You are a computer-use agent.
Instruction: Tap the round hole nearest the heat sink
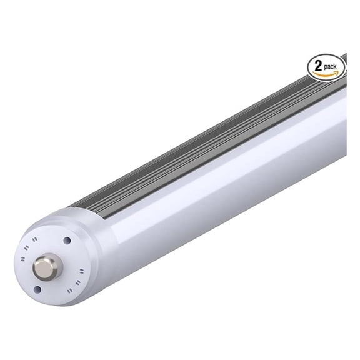pos(66,239)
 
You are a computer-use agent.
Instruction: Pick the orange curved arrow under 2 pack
pos(326,74)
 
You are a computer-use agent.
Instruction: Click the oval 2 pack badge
pos(326,66)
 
